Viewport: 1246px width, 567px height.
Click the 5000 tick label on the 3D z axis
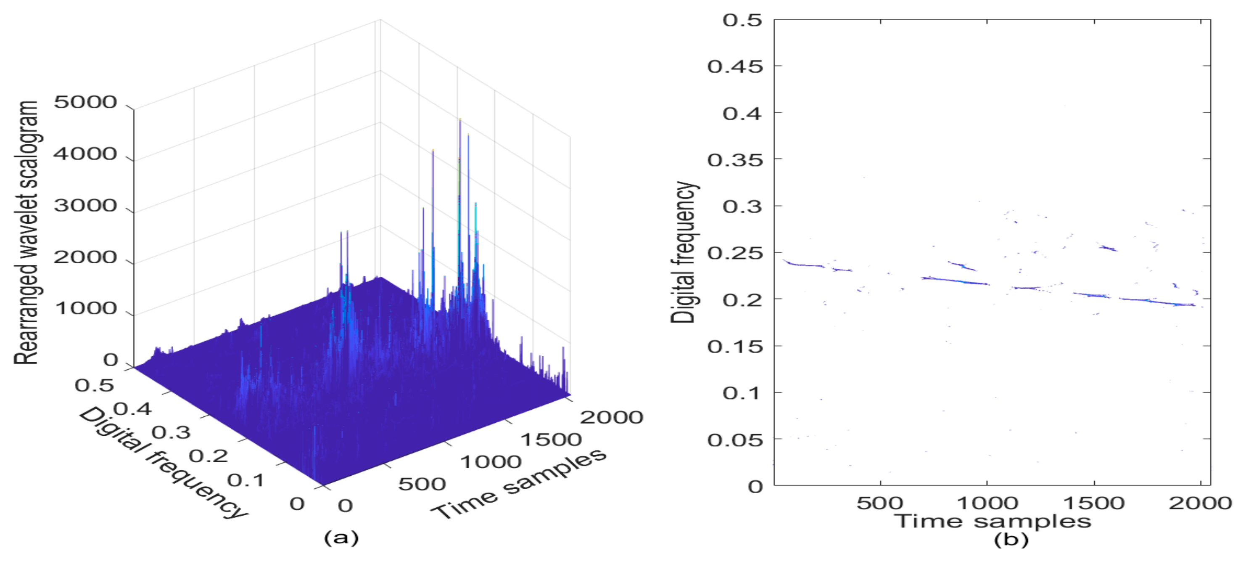coord(85,102)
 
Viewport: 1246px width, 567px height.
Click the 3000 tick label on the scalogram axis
coord(85,206)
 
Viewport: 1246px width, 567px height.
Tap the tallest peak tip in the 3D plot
coord(460,119)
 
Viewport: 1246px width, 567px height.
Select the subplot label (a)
coord(341,538)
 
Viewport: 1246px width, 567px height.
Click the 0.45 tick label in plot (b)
coord(735,66)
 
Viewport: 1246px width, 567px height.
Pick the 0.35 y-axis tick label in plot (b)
coord(735,160)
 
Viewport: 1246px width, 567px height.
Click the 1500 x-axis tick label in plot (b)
coord(1094,503)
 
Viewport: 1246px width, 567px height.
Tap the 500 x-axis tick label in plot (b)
coord(880,503)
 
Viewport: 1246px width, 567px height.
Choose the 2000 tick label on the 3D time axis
coord(611,417)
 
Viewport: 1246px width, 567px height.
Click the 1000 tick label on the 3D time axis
coord(491,461)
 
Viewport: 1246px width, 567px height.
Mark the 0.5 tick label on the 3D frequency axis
coord(94,385)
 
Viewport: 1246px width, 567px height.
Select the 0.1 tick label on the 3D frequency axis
coord(246,480)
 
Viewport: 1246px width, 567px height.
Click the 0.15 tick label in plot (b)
coord(735,347)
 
